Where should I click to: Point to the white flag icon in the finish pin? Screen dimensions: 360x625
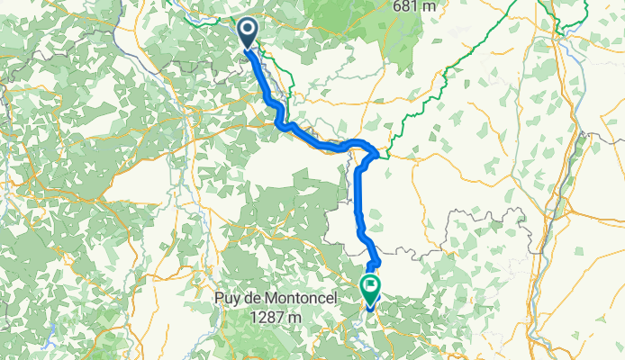(370, 285)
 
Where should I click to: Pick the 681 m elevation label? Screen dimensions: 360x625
(415, 6)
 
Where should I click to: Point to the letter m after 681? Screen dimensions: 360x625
(430, 6)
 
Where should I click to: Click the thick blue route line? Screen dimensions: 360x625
(360, 198)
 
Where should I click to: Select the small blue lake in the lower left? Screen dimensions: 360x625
(53, 330)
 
